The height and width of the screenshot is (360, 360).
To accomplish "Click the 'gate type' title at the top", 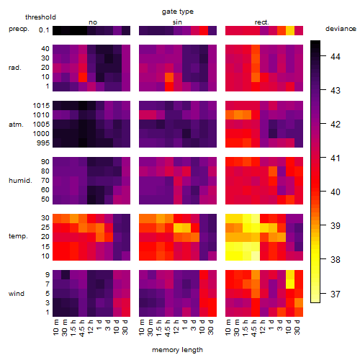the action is tap(178, 12).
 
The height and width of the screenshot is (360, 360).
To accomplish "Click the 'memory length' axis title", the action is tap(177, 350).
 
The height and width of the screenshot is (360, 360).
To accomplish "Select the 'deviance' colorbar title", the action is tap(341, 29).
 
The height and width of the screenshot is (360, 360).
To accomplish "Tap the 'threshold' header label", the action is tap(40, 17).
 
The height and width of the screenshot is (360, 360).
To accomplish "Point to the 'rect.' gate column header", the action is tap(262, 22).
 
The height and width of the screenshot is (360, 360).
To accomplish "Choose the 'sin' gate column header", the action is tap(177, 22).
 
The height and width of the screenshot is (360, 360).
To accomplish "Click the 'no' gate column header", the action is tap(93, 22).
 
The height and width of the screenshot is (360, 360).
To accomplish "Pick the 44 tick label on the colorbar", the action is tap(336, 57).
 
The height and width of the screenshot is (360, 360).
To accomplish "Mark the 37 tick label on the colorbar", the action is tap(336, 294).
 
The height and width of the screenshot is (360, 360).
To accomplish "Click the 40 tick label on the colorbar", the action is tap(336, 192).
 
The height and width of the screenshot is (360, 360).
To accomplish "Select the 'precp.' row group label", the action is tap(19, 29).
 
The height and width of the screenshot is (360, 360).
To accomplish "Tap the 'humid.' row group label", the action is tap(20, 181).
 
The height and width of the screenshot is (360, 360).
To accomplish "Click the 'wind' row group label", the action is tap(17, 294).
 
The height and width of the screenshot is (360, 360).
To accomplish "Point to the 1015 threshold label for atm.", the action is tap(41, 106).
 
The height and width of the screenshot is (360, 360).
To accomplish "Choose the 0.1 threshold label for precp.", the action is tap(44, 30).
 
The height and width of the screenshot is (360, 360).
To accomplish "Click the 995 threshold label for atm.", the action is tap(43, 143).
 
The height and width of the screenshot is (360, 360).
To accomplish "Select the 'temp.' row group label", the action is tap(18, 236).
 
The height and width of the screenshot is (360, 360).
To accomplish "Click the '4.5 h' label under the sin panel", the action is tap(168, 328).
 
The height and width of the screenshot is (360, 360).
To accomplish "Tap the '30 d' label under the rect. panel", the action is tap(297, 327).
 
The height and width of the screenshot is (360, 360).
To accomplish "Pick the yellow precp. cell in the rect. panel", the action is tap(290, 30).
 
